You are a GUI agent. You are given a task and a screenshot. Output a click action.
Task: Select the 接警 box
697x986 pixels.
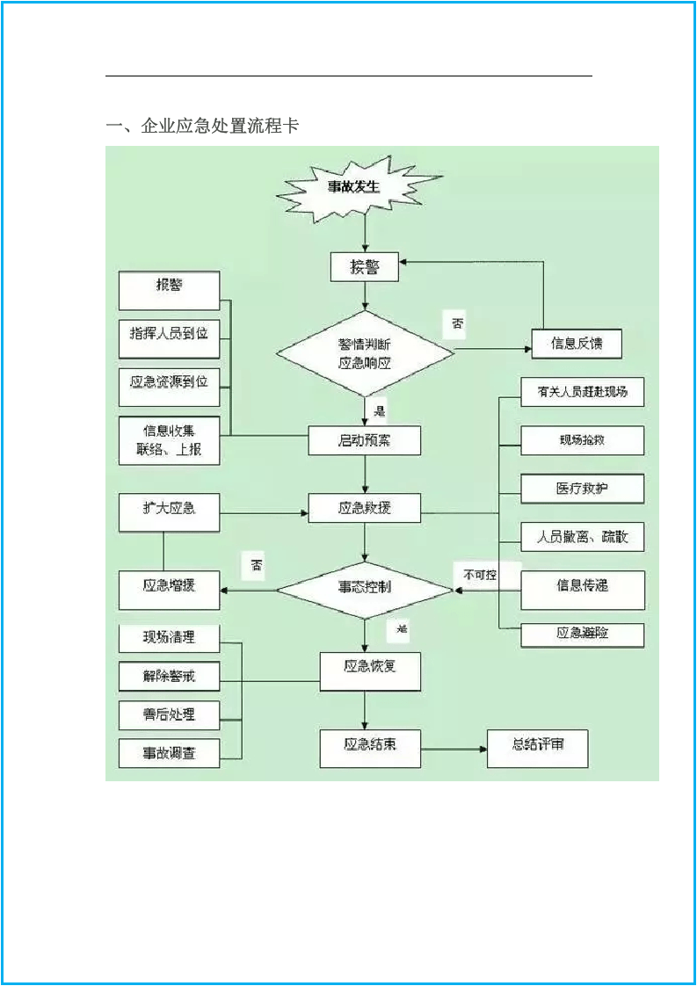tap(365, 267)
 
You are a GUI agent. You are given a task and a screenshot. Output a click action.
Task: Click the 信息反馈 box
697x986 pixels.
tap(577, 344)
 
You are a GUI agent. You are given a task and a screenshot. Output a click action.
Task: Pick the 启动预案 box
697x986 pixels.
tap(365, 440)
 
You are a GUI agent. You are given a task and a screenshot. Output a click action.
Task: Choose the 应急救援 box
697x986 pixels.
tap(365, 508)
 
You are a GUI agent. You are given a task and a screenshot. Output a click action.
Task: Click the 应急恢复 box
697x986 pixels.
tap(370, 670)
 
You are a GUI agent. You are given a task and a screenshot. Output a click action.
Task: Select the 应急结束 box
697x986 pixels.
tap(370, 747)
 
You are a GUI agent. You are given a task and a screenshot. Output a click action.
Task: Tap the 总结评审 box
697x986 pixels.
tap(538, 748)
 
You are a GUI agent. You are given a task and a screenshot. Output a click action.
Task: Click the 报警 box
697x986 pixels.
tap(169, 289)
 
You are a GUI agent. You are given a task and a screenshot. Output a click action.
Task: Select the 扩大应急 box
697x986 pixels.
tap(169, 511)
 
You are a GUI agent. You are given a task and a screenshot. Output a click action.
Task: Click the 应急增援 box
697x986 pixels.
tap(169, 589)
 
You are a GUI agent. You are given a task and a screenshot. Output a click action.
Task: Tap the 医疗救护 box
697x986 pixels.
tap(583, 489)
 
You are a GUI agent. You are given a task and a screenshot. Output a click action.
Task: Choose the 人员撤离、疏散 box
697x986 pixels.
tap(583, 536)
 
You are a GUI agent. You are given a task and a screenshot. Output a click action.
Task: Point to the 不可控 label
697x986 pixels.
tap(481, 576)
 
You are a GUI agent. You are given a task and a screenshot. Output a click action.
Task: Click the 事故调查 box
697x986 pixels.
tap(169, 753)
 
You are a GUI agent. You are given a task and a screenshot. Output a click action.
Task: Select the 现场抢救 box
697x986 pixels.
tap(583, 440)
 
